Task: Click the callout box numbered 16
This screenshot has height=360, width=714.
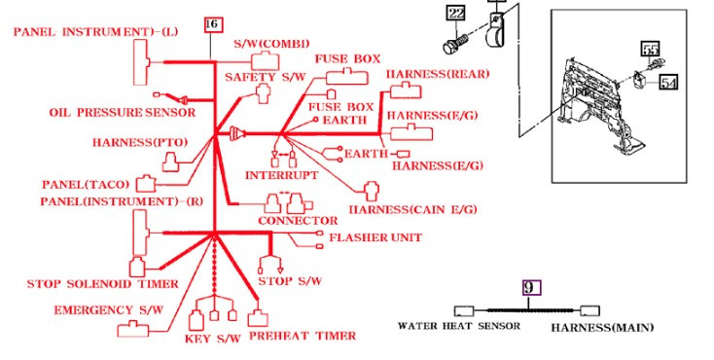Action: (x=214, y=24)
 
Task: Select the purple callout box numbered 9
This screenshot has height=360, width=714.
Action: (x=531, y=288)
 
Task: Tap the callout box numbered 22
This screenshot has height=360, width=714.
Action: (x=456, y=14)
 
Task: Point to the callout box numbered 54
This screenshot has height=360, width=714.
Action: (x=668, y=83)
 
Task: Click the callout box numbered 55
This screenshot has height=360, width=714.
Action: (x=651, y=49)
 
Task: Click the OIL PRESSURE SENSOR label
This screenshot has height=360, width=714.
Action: (x=123, y=113)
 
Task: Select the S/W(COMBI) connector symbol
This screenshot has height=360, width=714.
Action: (x=266, y=61)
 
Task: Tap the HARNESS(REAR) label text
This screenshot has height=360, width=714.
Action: (x=438, y=74)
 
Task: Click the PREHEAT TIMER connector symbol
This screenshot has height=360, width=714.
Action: (x=258, y=317)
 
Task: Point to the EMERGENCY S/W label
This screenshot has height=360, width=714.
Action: (x=108, y=310)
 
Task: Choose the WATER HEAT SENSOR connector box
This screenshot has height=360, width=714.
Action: (x=464, y=311)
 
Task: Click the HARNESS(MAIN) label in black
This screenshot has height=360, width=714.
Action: (x=602, y=328)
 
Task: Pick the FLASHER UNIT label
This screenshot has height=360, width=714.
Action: (x=375, y=237)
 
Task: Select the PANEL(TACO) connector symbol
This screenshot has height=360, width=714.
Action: (x=146, y=183)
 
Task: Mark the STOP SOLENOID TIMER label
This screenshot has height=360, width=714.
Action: (x=102, y=284)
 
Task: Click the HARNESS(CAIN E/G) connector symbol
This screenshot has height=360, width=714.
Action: (x=372, y=191)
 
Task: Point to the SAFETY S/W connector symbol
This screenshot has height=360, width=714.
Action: (x=263, y=93)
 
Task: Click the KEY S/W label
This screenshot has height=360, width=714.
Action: (x=213, y=339)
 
